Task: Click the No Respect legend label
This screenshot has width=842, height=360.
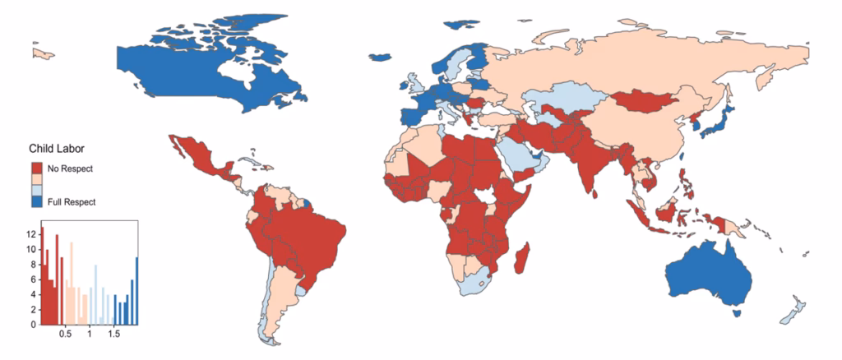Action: (x=71, y=168)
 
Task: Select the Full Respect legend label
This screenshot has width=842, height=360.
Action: (x=72, y=201)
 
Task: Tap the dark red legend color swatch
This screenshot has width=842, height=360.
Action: (x=37, y=168)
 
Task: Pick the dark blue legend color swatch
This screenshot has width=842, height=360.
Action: (x=37, y=201)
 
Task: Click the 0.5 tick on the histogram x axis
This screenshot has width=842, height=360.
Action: (x=65, y=335)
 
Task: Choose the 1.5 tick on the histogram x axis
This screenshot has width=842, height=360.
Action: (x=113, y=335)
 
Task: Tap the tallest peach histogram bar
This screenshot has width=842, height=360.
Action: (x=71, y=284)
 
